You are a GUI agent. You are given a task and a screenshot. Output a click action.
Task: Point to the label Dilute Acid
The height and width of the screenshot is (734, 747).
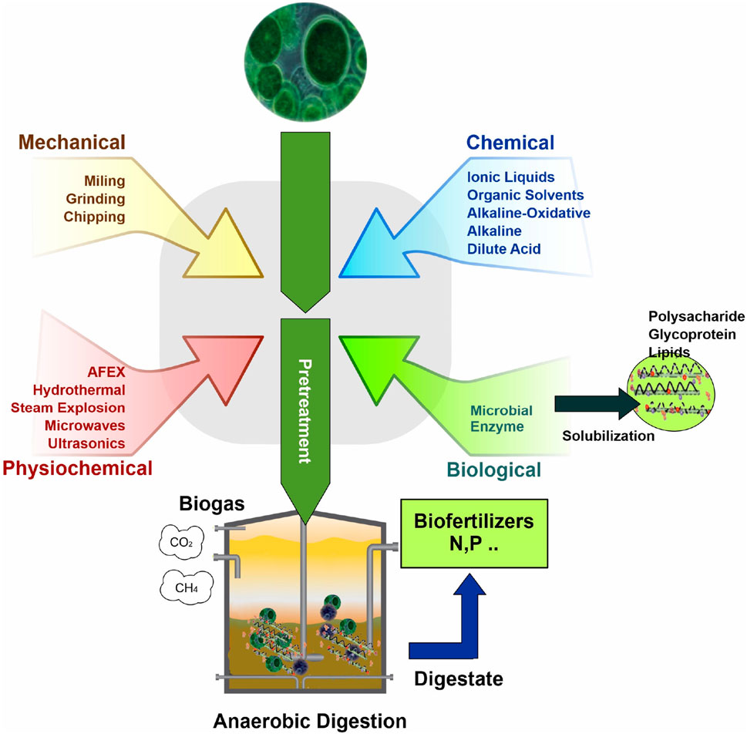(x=504, y=248)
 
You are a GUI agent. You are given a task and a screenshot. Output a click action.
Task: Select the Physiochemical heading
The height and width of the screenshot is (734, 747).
(x=76, y=467)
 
